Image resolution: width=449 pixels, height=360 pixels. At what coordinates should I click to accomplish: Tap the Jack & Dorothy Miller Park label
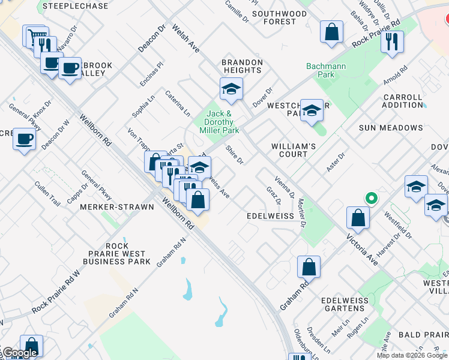pos(219,122)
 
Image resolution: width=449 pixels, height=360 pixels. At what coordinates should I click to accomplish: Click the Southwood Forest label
pos(279,17)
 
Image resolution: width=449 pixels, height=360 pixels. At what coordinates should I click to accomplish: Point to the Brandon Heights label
pos(243,66)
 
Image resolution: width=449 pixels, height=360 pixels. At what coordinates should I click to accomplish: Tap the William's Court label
pos(294,150)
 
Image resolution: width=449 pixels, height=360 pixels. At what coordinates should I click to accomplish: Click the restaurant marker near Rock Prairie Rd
pos(392,42)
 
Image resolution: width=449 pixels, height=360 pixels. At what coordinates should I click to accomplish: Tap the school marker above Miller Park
pos(231,90)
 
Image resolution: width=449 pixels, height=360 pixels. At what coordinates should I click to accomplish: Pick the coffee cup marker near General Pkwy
pos(24,139)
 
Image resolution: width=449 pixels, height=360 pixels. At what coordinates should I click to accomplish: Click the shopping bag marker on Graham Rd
pos(309,267)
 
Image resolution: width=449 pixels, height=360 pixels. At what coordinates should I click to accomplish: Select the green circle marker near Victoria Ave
pos(372,197)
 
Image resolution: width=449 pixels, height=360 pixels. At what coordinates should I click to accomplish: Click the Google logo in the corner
pos(19,353)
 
